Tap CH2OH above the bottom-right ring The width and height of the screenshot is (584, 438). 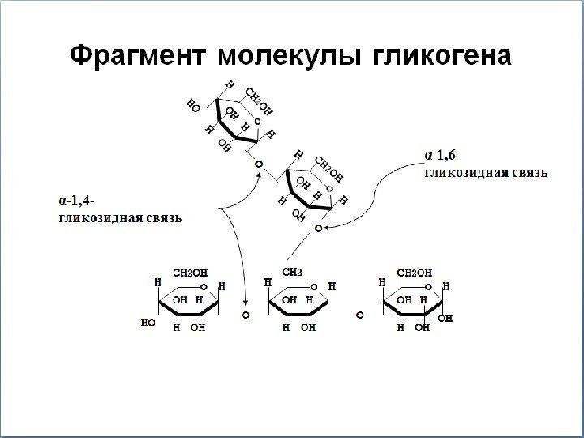(413, 272)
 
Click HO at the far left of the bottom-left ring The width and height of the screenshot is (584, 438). (148, 322)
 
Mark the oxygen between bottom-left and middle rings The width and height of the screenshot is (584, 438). (245, 312)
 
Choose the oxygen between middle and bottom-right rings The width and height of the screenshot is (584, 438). (357, 312)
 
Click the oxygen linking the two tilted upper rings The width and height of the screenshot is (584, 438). (259, 165)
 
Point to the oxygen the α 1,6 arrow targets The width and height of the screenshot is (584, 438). (319, 230)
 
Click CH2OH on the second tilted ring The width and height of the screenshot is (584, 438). (328, 168)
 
